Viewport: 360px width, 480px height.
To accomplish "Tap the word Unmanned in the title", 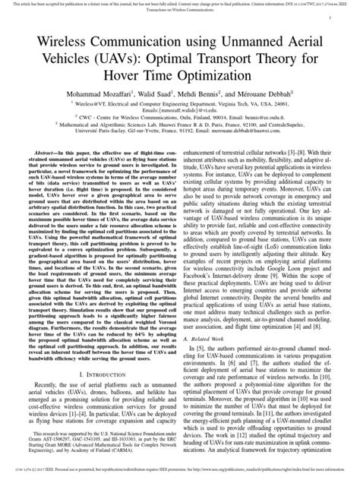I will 243,37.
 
